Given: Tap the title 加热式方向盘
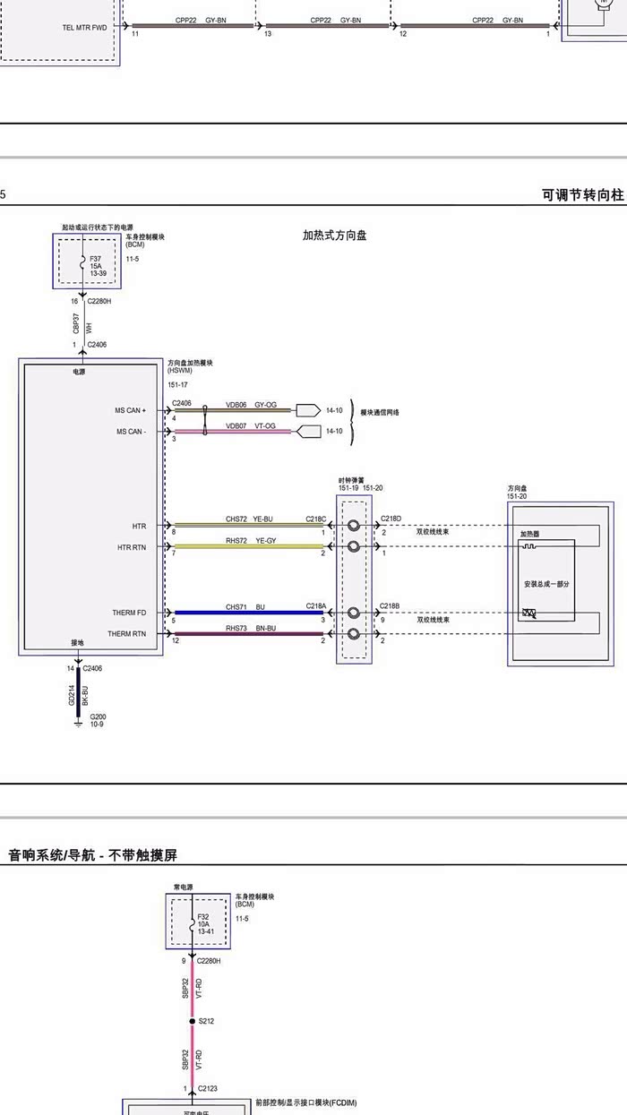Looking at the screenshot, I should [334, 236].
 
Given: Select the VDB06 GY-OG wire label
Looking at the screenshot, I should [251, 405].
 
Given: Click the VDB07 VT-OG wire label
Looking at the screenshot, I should [251, 425].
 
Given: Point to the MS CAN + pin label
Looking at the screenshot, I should [131, 410].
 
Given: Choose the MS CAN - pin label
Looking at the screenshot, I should [131, 432].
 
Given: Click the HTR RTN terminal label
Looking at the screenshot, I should [132, 547].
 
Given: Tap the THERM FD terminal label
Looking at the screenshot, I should [129, 613].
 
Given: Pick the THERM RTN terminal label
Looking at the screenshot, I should [127, 634].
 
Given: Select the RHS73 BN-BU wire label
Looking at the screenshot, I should [251, 628].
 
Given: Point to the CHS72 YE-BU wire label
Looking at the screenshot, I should [249, 519].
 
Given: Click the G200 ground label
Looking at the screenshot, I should [98, 720].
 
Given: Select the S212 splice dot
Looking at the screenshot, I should [192, 1021].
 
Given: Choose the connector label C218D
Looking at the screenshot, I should [391, 518].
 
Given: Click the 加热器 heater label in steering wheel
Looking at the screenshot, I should [530, 534].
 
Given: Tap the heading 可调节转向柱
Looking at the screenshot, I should [582, 195].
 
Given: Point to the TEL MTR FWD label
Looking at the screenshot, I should [85, 28].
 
